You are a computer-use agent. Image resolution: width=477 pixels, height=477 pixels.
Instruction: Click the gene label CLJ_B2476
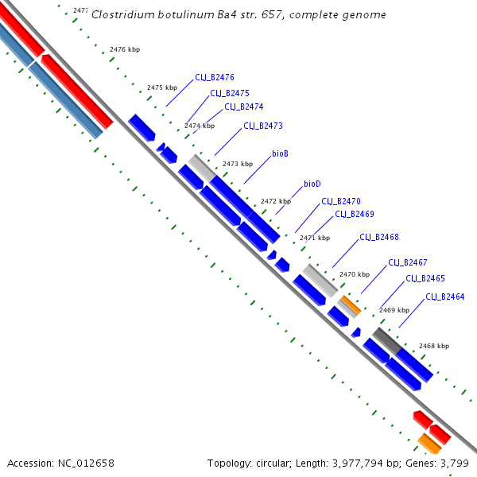point(214,78)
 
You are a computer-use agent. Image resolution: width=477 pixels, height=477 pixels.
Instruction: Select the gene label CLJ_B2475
point(230,93)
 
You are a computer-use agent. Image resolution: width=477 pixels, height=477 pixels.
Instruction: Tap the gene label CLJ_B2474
point(243,107)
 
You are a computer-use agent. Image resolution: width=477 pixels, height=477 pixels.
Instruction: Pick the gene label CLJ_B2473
point(262,126)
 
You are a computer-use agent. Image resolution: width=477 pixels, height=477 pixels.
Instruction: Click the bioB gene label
point(280,153)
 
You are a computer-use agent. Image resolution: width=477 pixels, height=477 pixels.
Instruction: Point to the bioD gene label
point(312,184)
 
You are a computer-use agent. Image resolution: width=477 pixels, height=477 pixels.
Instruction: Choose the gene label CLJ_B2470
point(341,202)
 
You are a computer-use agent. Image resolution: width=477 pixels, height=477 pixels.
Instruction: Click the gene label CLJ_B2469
point(354,214)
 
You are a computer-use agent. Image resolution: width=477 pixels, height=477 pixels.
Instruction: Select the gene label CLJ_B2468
point(378,237)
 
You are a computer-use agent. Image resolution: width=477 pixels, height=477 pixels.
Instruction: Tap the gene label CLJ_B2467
point(407,262)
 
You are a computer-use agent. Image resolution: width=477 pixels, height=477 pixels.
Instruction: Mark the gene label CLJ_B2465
point(425,278)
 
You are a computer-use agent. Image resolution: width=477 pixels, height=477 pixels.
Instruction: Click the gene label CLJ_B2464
point(444,297)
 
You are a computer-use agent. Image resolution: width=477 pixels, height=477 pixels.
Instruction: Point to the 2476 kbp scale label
point(125,49)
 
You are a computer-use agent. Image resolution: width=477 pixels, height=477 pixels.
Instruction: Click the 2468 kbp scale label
point(434,346)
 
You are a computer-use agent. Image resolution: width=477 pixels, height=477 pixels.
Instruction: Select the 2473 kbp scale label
point(238,164)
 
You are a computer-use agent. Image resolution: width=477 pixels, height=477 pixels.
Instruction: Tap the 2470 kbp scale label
point(355,273)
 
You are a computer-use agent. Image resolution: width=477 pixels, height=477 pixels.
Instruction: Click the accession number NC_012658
point(87,463)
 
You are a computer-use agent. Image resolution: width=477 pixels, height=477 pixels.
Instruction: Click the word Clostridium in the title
point(118,15)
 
